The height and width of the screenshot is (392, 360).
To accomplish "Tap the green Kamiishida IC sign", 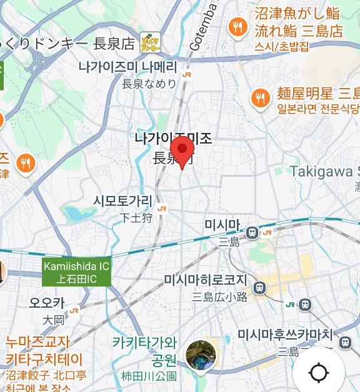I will [x=76, y=272].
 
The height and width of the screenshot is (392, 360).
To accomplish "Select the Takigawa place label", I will [x=325, y=171].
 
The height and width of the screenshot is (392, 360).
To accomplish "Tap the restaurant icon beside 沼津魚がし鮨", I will [x=237, y=26].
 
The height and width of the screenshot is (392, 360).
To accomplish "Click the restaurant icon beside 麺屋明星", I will [x=260, y=97].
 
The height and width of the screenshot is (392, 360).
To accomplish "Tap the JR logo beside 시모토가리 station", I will [x=162, y=209].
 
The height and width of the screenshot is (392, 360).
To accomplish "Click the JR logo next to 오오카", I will [x=74, y=310].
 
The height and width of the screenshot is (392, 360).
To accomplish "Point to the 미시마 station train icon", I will [x=252, y=232].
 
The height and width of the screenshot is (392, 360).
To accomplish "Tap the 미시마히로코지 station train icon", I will [x=261, y=288].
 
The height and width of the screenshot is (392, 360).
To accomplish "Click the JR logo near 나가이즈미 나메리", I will [x=186, y=74].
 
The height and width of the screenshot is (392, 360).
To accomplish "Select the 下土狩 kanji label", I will [x=137, y=218].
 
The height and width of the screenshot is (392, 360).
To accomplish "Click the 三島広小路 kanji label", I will [x=220, y=297].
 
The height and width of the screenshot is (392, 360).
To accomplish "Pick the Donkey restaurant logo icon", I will [x=150, y=42].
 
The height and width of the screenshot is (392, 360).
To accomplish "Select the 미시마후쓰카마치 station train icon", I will [x=344, y=342].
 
